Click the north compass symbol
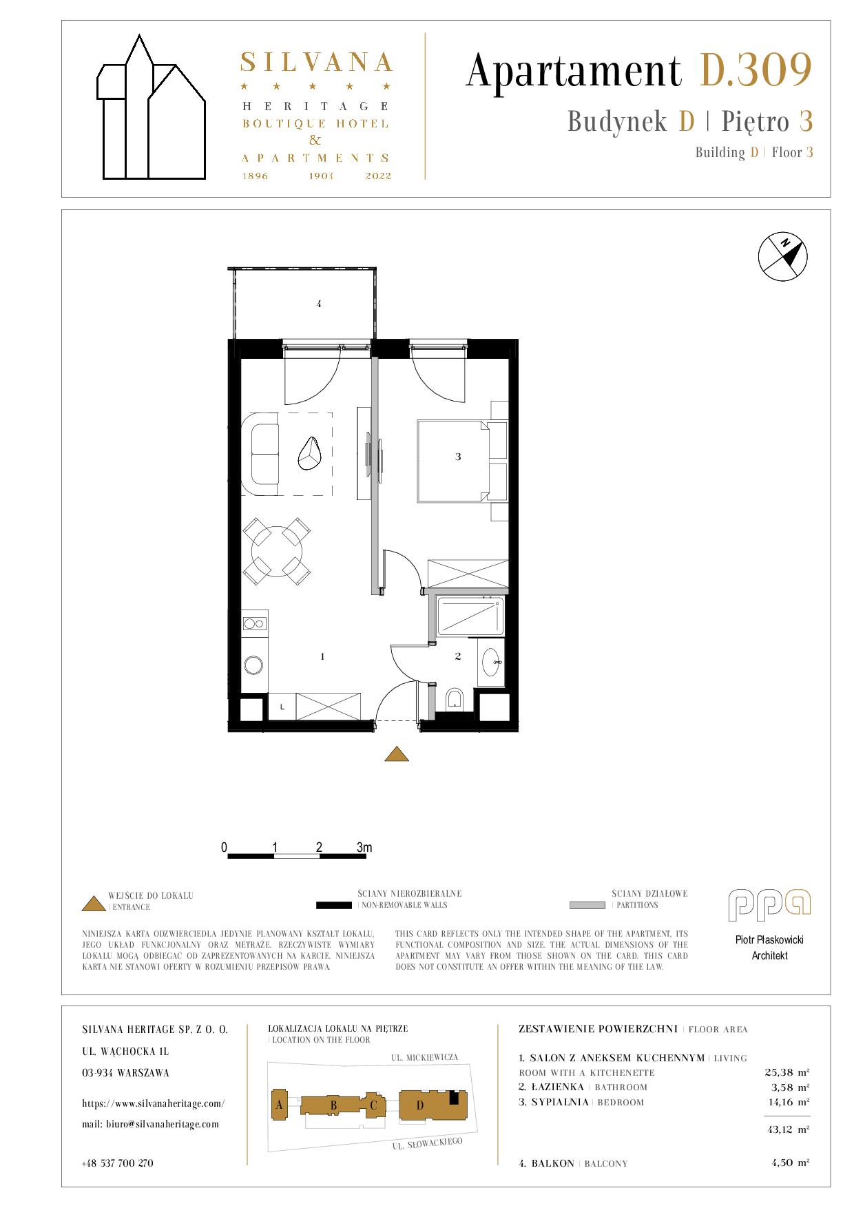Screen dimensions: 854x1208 pyautogui.click(x=782, y=257)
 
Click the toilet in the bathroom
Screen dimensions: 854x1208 pyautogui.click(x=455, y=700)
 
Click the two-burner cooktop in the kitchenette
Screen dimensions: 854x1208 pyautogui.click(x=254, y=623)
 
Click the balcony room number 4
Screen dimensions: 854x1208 pyautogui.click(x=319, y=303)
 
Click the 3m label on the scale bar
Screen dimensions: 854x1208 pyautogui.click(x=364, y=847)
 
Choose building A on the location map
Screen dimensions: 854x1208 pyautogui.click(x=280, y=1105)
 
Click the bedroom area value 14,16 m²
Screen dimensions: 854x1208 pyautogui.click(x=787, y=1101)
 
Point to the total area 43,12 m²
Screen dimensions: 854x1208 pyautogui.click(x=787, y=1129)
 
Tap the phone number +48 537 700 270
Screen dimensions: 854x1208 pyautogui.click(x=117, y=1163)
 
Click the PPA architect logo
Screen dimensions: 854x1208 pyautogui.click(x=770, y=905)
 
